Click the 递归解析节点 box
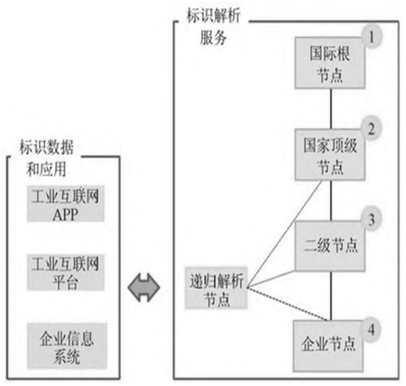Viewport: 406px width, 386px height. click(x=214, y=289)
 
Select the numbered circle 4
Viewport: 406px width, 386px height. click(x=372, y=328)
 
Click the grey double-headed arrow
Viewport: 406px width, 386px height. click(x=145, y=290)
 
